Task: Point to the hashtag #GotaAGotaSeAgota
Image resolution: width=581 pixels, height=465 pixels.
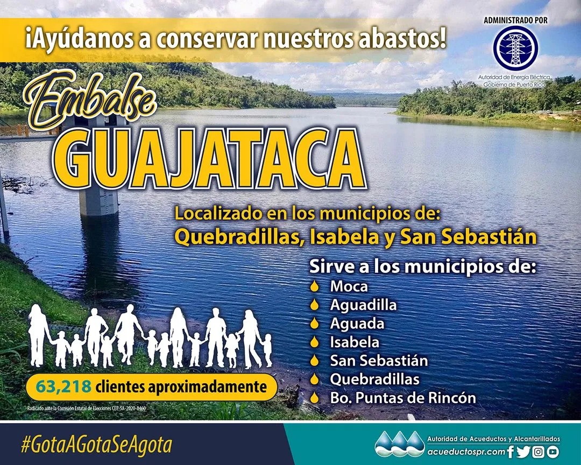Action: click(x=96, y=445)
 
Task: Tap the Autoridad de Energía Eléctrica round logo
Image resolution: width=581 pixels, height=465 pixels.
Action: click(x=515, y=48)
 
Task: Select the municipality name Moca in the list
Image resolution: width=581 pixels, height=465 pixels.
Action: click(x=349, y=286)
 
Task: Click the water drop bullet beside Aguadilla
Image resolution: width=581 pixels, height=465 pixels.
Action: click(x=315, y=305)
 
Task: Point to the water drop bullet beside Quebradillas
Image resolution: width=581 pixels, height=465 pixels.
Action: click(x=315, y=379)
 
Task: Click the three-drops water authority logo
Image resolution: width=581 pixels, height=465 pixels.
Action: click(x=399, y=445)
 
